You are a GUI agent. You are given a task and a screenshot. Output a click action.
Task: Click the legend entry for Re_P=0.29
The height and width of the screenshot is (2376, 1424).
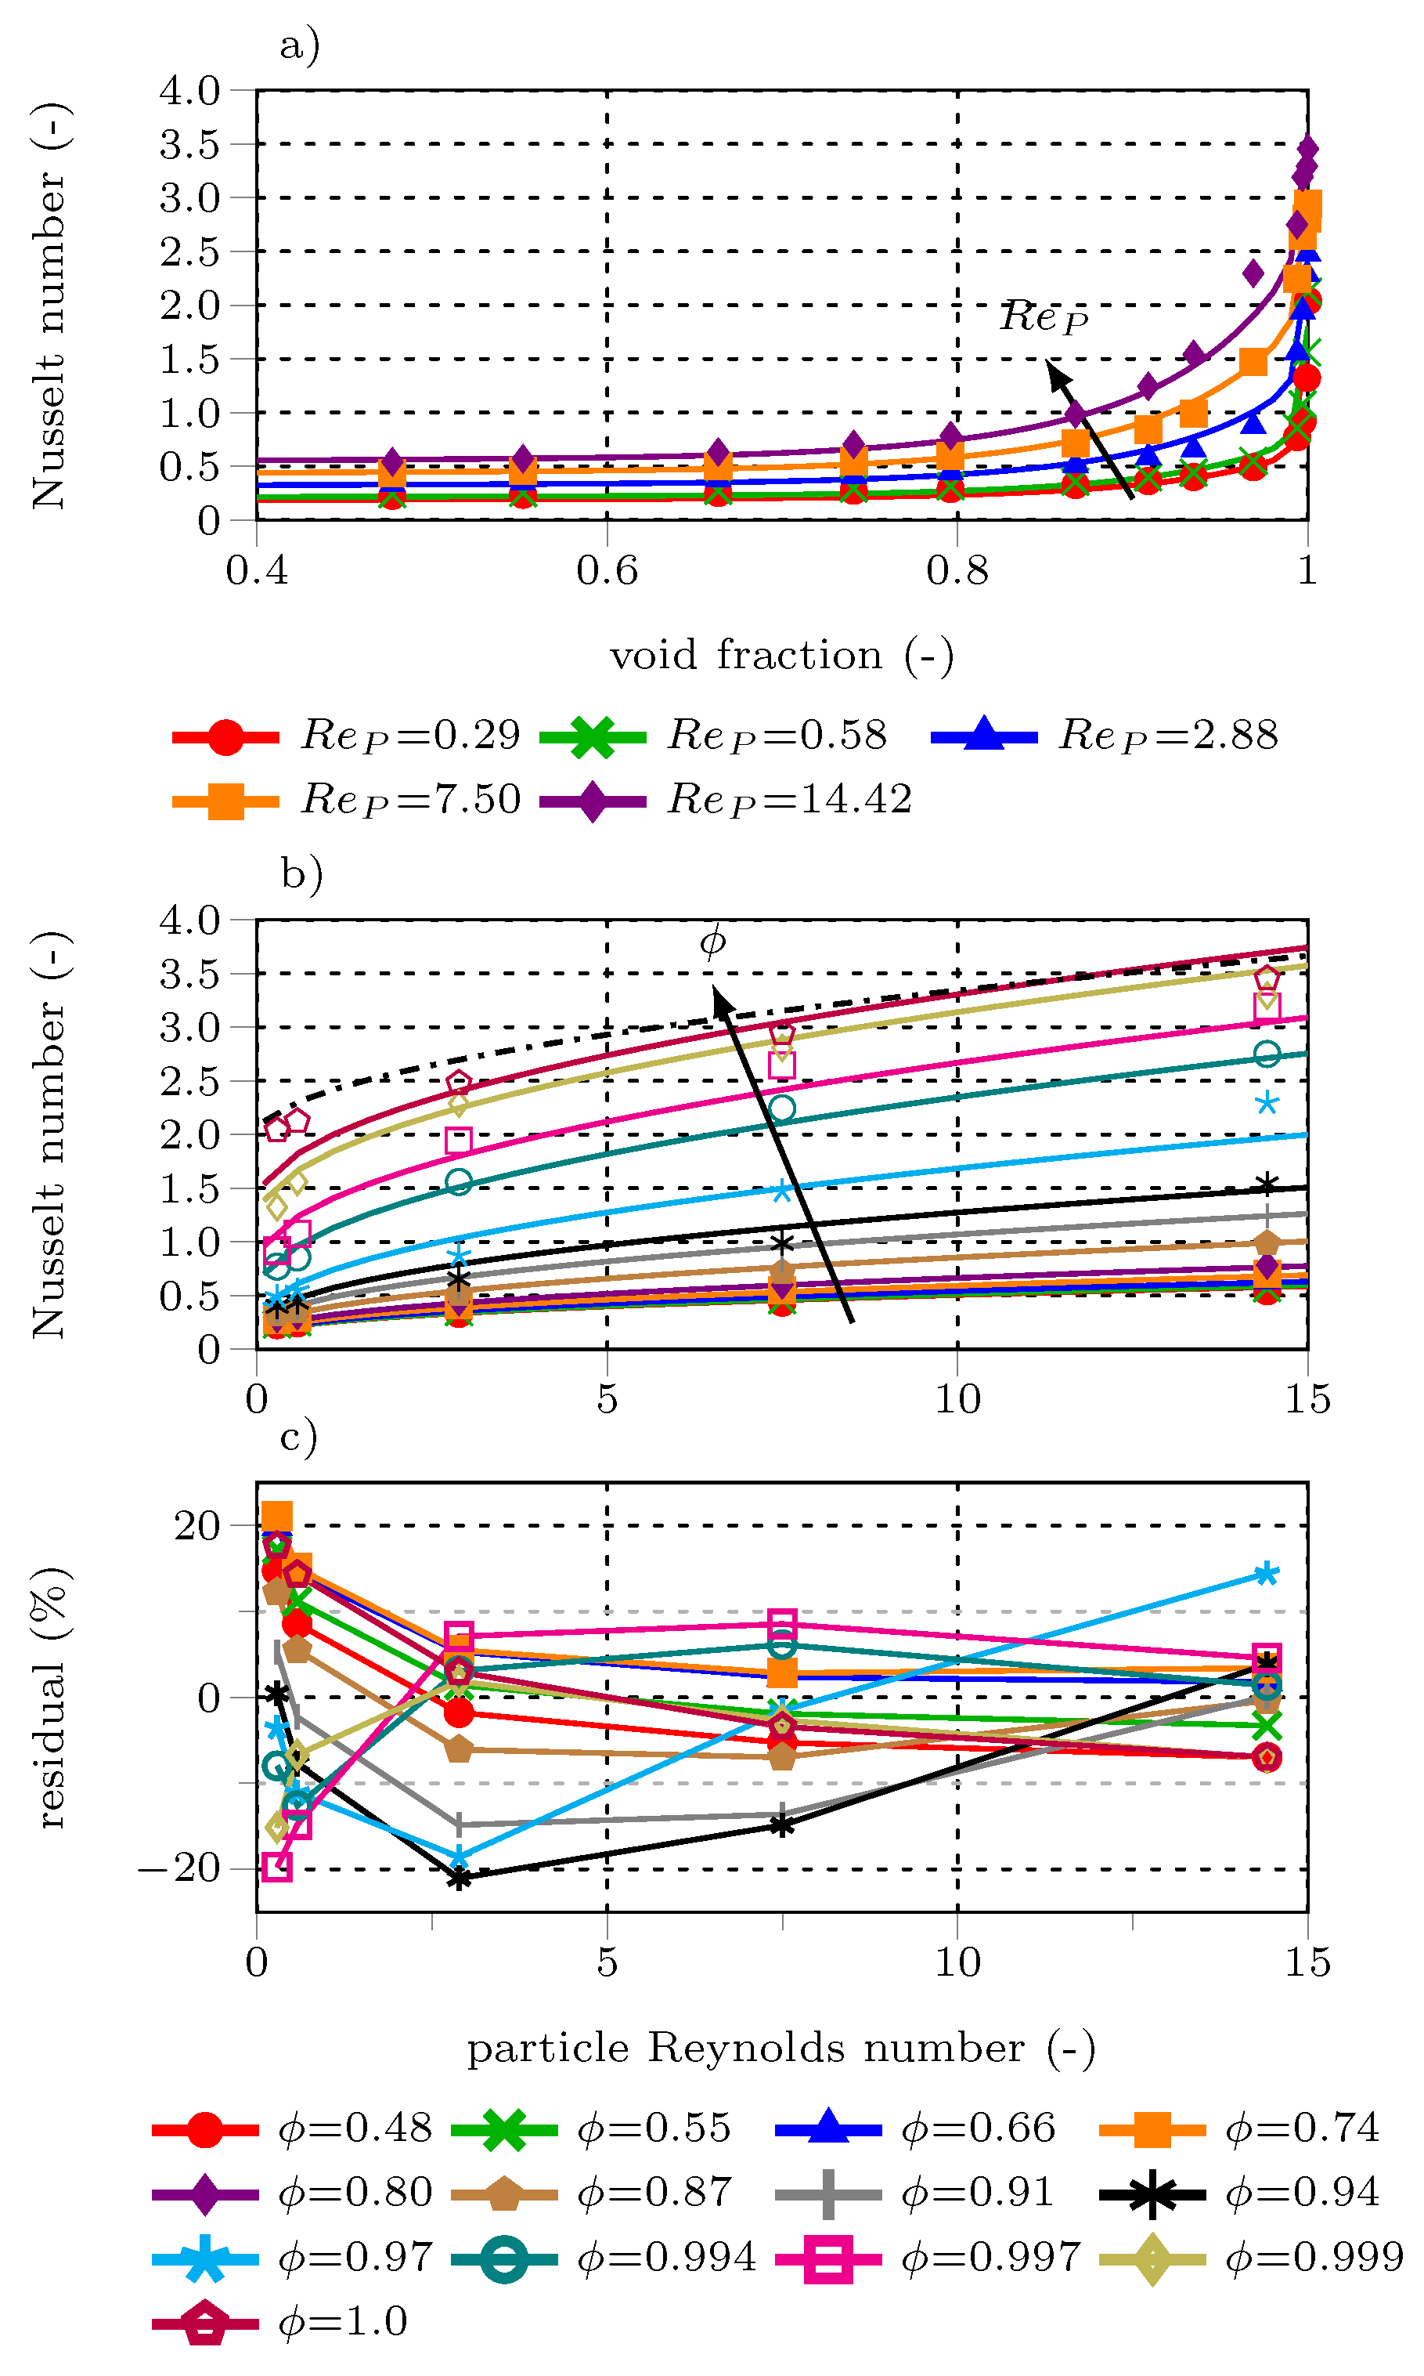coord(346,736)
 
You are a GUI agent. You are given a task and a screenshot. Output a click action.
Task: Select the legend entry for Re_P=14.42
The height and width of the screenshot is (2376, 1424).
coord(726,800)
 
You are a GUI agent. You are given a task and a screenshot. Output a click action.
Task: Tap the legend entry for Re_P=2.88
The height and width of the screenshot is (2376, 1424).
coord(1105,736)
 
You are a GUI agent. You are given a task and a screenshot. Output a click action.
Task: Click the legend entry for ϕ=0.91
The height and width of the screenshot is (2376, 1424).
coord(914,2193)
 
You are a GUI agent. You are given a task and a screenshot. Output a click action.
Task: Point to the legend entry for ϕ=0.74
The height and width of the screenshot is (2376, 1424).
coord(1238,2128)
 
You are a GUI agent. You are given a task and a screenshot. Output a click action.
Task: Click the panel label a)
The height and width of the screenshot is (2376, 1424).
coord(299,45)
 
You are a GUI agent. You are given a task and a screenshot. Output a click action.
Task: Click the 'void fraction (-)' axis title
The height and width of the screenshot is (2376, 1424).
coord(782,656)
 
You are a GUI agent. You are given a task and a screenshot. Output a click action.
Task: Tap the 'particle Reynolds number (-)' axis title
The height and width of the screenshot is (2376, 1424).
coord(781,2048)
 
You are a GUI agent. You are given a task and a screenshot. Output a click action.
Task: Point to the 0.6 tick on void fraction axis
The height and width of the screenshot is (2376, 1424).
coord(607,570)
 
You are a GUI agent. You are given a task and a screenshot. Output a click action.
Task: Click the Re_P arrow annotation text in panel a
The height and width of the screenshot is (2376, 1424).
coord(1044,316)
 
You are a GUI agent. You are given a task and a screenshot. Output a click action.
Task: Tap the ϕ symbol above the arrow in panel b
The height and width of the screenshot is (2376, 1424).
coord(712,942)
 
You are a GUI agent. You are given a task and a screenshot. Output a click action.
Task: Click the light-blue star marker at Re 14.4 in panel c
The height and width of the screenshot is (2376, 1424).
coord(1267,1574)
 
